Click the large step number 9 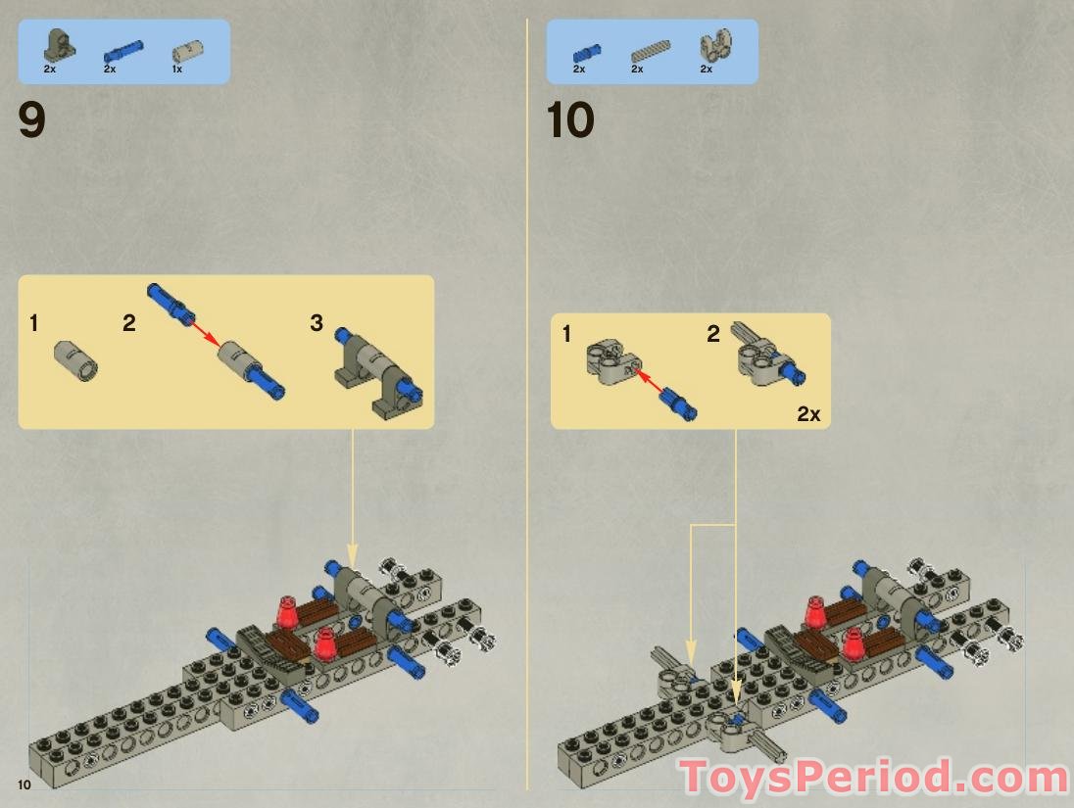coord(32,121)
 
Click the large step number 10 coord(570,121)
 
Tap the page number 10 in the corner coord(24,784)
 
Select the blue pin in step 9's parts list coord(122,49)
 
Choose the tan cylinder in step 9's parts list coord(183,50)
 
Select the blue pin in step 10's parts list coord(587,51)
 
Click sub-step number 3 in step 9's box coord(317,323)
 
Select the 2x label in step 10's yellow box coord(808,414)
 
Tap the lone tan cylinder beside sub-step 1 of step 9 coord(75,357)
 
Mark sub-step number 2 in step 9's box coord(129,323)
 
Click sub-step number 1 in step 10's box coord(566,335)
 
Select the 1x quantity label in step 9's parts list coord(177,70)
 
